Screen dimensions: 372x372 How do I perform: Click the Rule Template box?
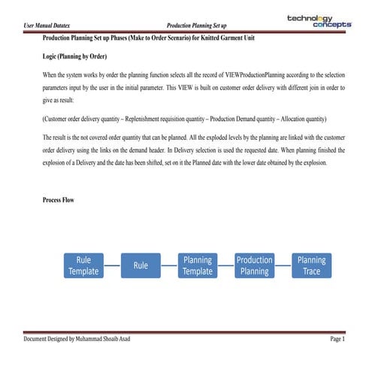(x=83, y=265)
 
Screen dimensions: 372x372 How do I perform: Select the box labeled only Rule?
(x=141, y=265)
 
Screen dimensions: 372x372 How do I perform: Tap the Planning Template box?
(x=198, y=265)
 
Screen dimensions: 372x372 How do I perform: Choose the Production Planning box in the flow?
(x=255, y=265)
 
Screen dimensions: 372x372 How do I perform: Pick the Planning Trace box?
(x=312, y=265)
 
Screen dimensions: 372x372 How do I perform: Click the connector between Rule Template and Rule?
(x=112, y=265)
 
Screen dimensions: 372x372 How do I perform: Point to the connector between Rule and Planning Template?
(x=169, y=265)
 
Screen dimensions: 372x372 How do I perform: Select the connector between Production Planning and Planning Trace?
(x=283, y=265)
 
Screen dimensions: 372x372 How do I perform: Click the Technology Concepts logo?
(x=319, y=21)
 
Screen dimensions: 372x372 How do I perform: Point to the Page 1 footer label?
(x=336, y=340)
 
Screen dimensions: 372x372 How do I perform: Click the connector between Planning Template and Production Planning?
(x=226, y=265)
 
